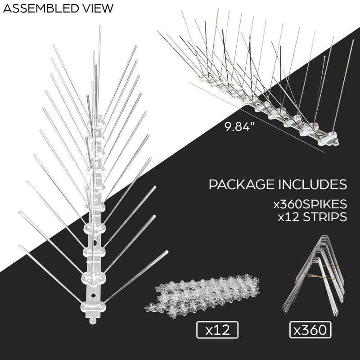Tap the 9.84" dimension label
pyautogui.click(x=237, y=127)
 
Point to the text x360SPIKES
pyautogui.click(x=310, y=204)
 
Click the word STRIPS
pyautogui.click(x=325, y=217)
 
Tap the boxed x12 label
pyautogui.click(x=217, y=330)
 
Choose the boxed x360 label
pyautogui.click(x=310, y=330)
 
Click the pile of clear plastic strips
pyautogui.click(x=202, y=295)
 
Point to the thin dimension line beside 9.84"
pyautogui.click(x=256, y=117)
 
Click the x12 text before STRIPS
pyautogui.click(x=288, y=217)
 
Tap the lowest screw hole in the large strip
pyautogui.click(x=93, y=295)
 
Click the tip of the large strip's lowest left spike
pyautogui.click(x=20, y=246)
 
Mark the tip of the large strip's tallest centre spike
pyautogui.click(x=100, y=27)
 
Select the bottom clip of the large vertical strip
pyautogui.click(x=93, y=307)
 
